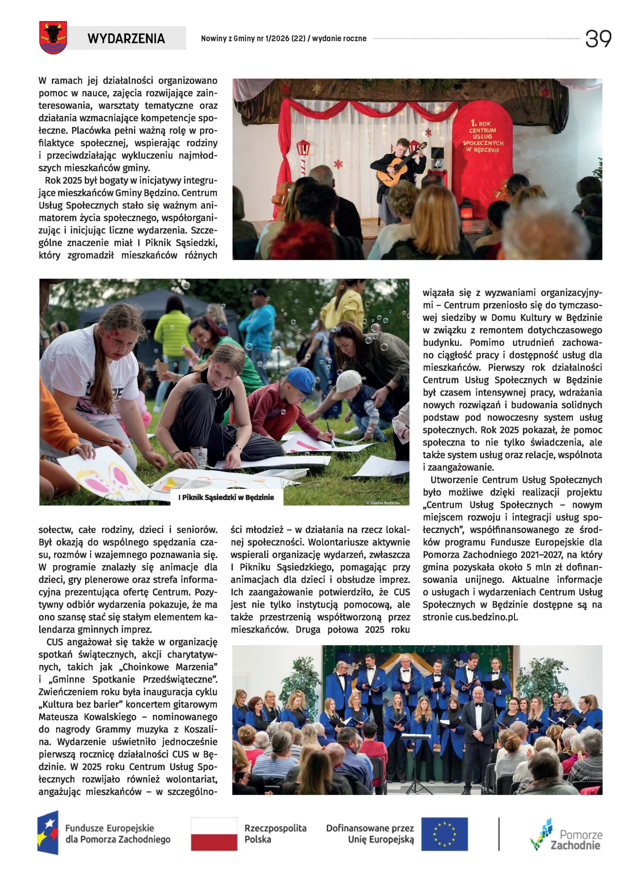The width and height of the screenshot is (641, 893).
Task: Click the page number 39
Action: pyautogui.click(x=597, y=39)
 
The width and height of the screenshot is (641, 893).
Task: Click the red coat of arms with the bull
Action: pyautogui.click(x=53, y=37)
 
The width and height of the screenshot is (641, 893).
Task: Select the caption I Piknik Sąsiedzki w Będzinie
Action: pyautogui.click(x=226, y=497)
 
